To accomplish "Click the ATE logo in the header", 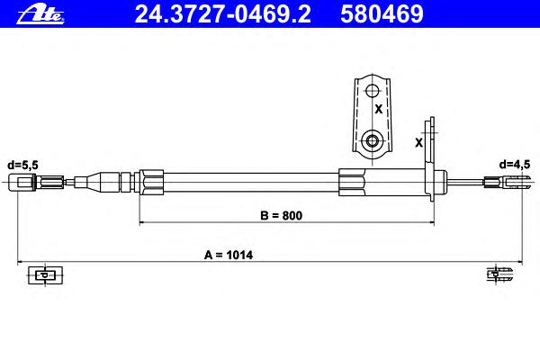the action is (x=40, y=15).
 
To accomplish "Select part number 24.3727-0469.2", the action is (x=223, y=14).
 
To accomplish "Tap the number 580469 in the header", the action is (x=382, y=14).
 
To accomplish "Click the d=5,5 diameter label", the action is (x=22, y=165).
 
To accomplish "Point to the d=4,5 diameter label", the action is (x=515, y=165).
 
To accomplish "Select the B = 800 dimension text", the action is (x=282, y=215).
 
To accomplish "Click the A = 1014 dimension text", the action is (x=229, y=255).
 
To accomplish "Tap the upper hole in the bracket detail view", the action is (x=372, y=91).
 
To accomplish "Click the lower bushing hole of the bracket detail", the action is (x=372, y=140).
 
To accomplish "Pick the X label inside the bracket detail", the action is (x=379, y=109).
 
